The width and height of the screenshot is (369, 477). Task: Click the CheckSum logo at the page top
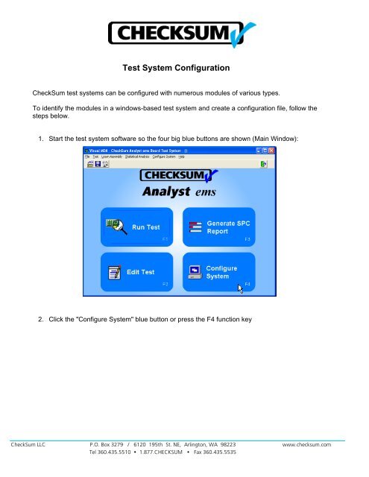pyautogui.click(x=183, y=34)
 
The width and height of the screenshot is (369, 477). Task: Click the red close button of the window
pyautogui.click(x=271, y=151)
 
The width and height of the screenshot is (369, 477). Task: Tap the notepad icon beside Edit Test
pyautogui.click(x=113, y=271)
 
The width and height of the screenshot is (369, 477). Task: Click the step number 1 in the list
pyautogui.click(x=40, y=138)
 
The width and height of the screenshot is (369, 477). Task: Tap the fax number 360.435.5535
pyautogui.click(x=219, y=452)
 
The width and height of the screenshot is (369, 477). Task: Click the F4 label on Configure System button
pyautogui.click(x=247, y=284)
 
